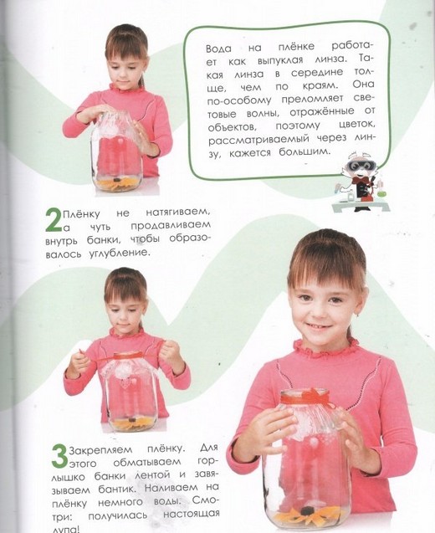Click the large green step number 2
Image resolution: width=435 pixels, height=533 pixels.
pyautogui.click(x=54, y=221)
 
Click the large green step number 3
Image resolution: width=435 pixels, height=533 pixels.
pyautogui.click(x=59, y=457)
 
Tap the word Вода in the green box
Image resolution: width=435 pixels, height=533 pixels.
pyautogui.click(x=218, y=49)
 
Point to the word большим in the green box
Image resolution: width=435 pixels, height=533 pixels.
pyautogui.click(x=304, y=151)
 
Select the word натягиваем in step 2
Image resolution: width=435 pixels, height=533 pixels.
pyautogui.click(x=177, y=213)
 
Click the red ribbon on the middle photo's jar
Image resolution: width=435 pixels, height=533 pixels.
pyautogui.click(x=127, y=356)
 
